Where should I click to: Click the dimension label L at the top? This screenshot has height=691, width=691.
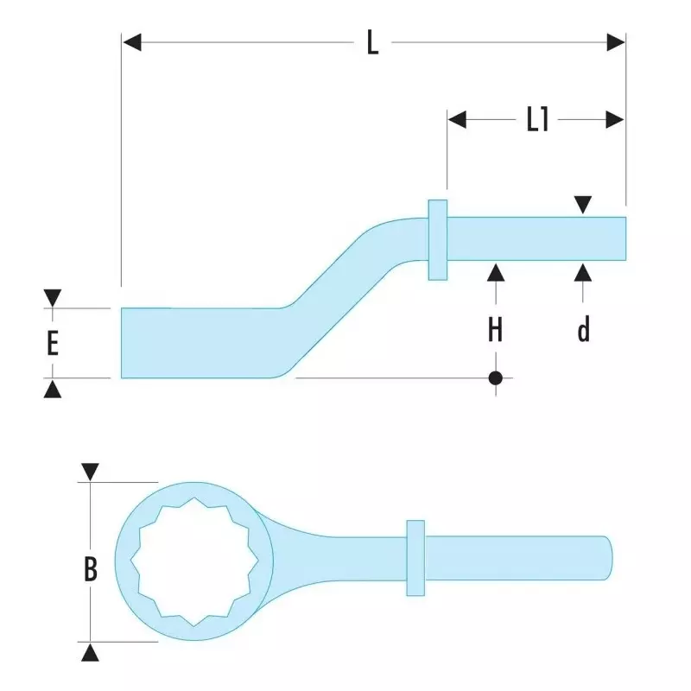(x=372, y=42)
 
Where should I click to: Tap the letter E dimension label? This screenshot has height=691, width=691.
(x=53, y=343)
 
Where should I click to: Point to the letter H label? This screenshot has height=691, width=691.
(x=495, y=329)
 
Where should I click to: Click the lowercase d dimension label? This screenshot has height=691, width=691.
(x=584, y=329)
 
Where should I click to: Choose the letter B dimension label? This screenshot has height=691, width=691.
(x=91, y=569)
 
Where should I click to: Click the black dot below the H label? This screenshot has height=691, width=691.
(x=495, y=377)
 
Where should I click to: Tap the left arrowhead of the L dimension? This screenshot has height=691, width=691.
(x=131, y=42)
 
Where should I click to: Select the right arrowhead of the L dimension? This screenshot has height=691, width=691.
(x=616, y=42)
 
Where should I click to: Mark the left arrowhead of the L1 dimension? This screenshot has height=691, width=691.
(x=457, y=120)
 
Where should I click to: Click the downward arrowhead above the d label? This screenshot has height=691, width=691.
(x=584, y=206)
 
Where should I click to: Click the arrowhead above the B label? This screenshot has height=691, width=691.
(x=91, y=472)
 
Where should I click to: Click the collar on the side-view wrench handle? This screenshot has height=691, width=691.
(x=437, y=239)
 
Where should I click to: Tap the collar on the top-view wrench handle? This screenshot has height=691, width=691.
(x=415, y=557)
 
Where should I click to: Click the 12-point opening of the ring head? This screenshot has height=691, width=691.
(x=193, y=561)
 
